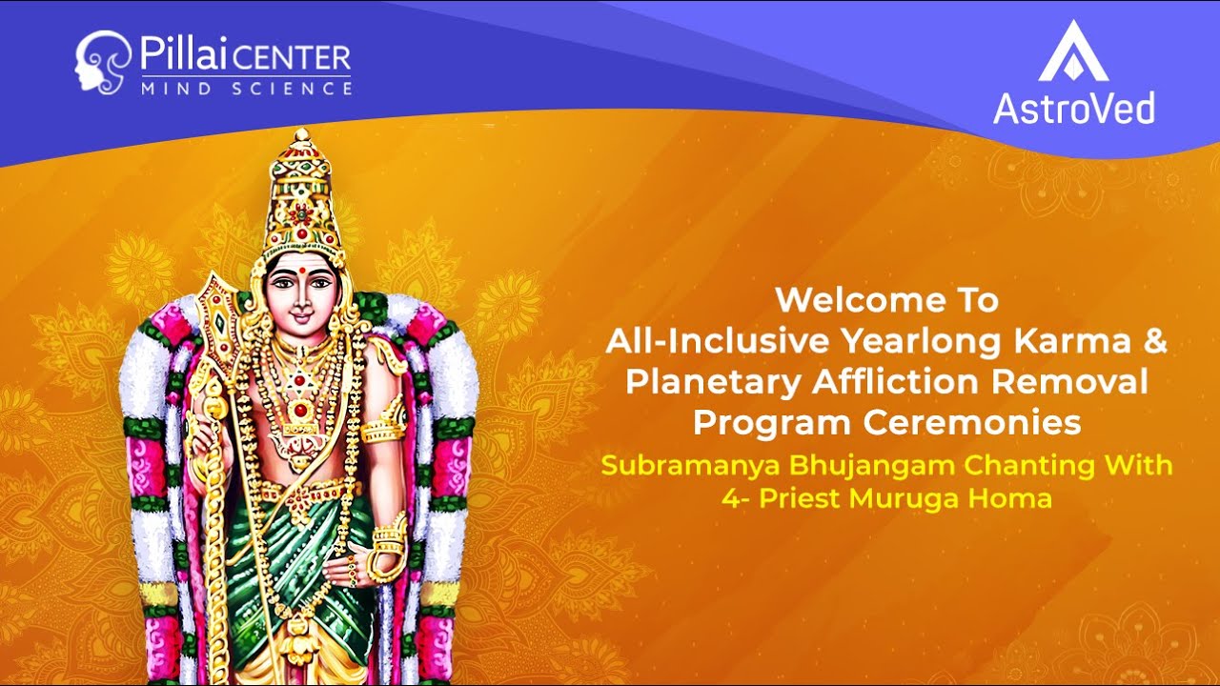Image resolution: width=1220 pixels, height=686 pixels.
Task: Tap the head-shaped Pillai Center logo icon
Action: coord(99,62)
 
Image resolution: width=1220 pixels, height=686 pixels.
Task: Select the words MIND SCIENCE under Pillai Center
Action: coord(246,89)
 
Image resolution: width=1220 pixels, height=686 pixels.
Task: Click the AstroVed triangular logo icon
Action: coord(1073,52)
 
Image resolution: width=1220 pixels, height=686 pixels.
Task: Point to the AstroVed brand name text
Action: coord(1073,108)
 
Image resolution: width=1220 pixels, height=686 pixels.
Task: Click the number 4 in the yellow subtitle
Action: coord(730,498)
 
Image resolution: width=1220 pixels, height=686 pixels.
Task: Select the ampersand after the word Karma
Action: coord(1154,341)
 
